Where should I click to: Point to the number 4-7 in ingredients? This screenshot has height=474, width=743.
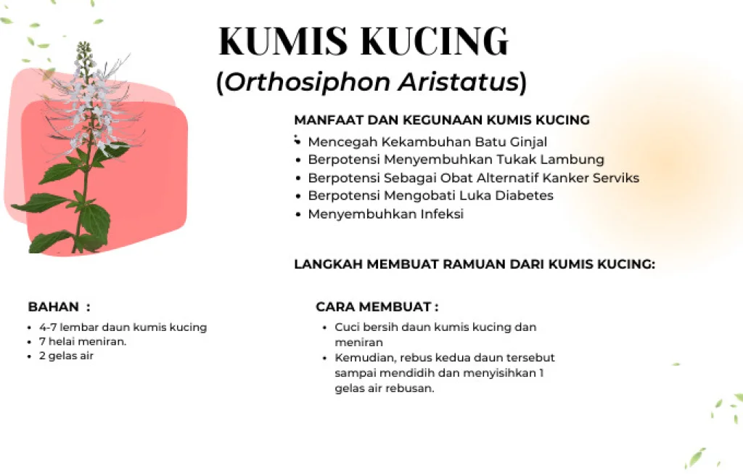[x=48, y=327]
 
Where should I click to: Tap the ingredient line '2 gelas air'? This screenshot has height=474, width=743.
[x=66, y=356]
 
